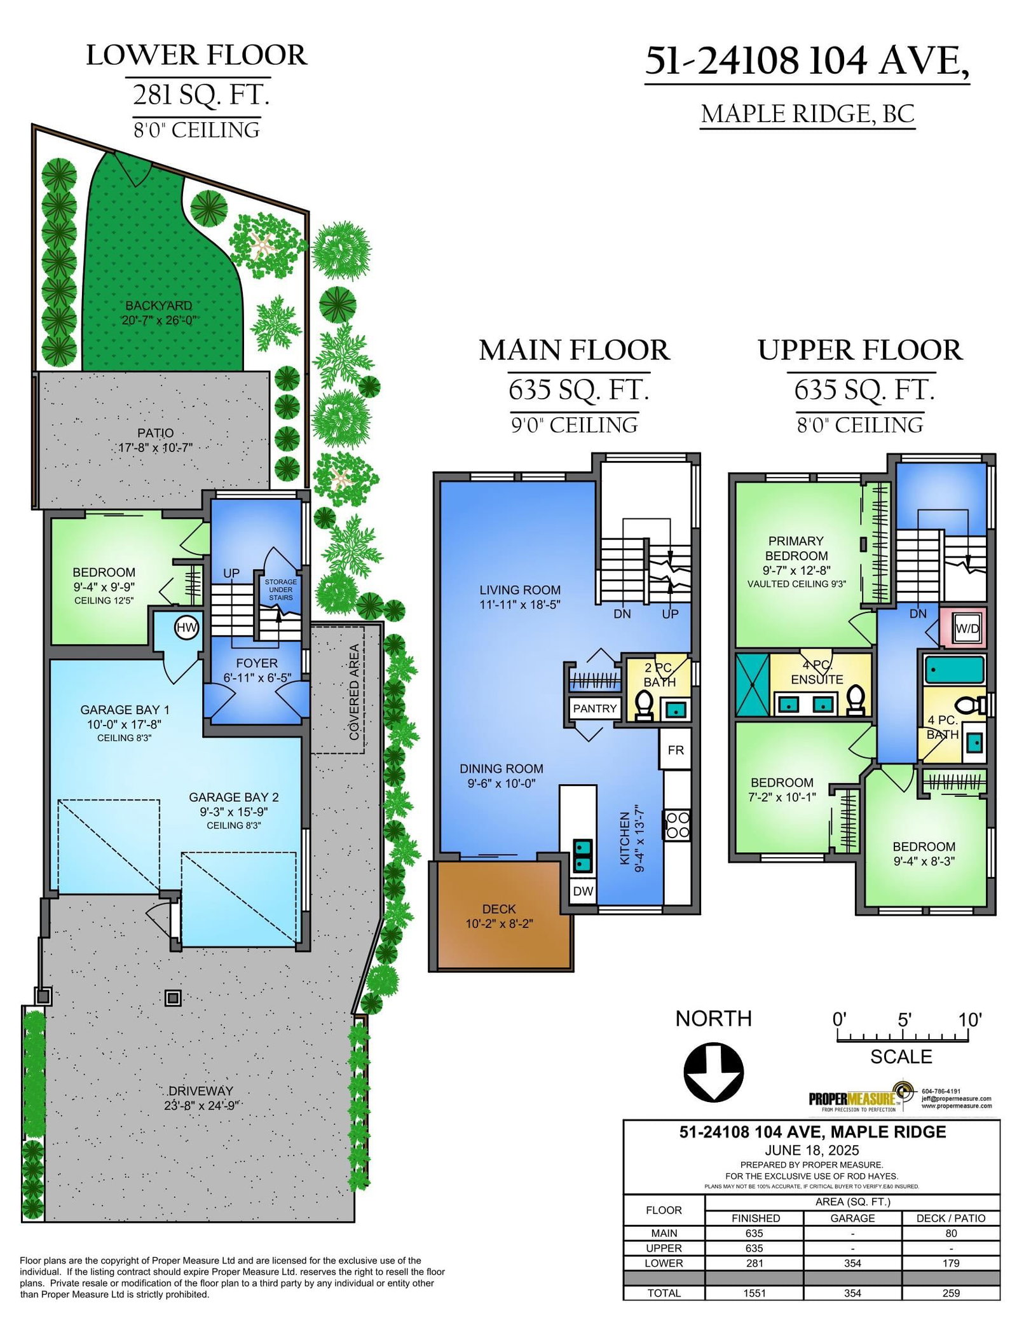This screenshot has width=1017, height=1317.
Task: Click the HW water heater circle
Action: (x=187, y=628)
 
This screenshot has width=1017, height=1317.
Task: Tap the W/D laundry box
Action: (x=967, y=628)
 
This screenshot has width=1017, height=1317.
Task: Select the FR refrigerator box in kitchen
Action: (x=675, y=750)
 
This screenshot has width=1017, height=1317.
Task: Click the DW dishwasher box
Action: (x=583, y=891)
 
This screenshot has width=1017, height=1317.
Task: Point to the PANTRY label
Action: (x=595, y=708)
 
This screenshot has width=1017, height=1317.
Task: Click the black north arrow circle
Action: (x=713, y=1073)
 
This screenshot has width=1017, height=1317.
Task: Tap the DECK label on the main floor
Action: (x=499, y=909)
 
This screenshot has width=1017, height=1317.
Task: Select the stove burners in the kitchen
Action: (x=677, y=824)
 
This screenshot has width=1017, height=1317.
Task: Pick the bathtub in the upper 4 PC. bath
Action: (x=955, y=670)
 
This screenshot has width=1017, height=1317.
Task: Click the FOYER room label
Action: (x=257, y=663)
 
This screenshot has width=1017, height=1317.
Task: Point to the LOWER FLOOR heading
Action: (x=196, y=55)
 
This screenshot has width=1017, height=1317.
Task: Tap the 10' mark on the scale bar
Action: (x=970, y=1020)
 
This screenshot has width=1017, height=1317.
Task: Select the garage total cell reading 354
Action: (x=852, y=1293)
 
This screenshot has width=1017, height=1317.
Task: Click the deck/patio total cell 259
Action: (x=951, y=1293)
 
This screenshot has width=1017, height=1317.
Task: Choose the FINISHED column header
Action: (x=755, y=1218)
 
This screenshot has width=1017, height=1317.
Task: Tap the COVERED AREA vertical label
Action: (x=355, y=693)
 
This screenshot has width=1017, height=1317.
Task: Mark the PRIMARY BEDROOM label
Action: (x=796, y=548)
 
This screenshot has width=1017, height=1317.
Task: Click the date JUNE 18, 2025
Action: (x=812, y=1150)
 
